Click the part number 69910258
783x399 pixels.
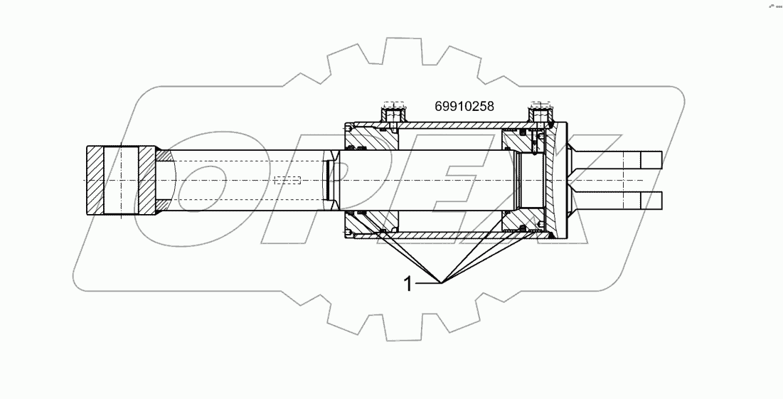[x=464, y=107]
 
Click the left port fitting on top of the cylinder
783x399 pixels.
[x=393, y=113]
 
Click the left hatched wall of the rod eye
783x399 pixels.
[x=95, y=181]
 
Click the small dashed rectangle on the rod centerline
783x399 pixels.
[x=287, y=181]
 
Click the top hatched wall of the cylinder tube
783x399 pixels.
[x=455, y=127]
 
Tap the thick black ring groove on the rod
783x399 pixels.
[x=327, y=181]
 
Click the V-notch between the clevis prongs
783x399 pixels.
[x=576, y=181]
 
